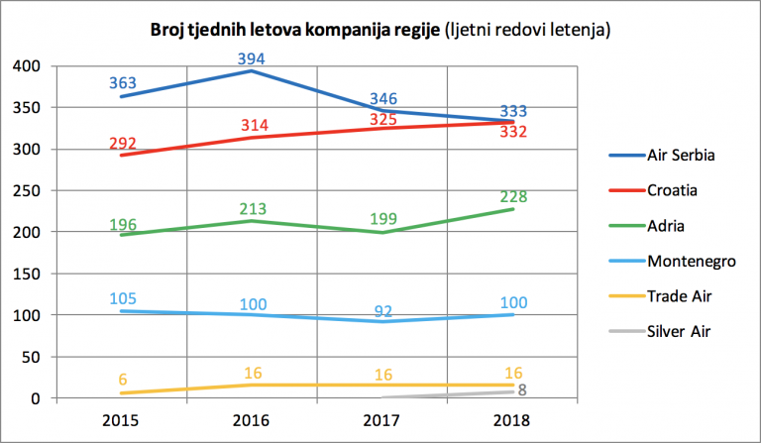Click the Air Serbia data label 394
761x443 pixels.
[x=251, y=58]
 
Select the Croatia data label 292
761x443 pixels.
[x=122, y=143]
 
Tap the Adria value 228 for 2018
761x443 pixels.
[x=513, y=196]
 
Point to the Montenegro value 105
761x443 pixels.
[x=123, y=298]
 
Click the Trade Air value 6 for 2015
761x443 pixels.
[x=122, y=380]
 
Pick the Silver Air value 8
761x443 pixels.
[x=522, y=389]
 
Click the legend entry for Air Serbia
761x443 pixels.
[x=662, y=156]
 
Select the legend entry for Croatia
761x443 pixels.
[x=653, y=190]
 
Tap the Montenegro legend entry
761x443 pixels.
[x=672, y=261]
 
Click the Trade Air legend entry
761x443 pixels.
[x=661, y=296]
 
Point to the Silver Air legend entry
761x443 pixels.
[x=660, y=331]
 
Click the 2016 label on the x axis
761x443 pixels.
[x=251, y=420]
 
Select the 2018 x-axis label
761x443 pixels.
[x=511, y=420]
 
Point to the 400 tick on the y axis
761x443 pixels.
[x=27, y=65]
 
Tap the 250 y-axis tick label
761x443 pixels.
[x=27, y=190]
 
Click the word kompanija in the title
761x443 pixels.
[x=342, y=30]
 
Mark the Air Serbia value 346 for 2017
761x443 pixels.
[x=383, y=98]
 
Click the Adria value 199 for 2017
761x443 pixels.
[x=383, y=218]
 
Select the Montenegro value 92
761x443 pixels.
[x=383, y=311]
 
